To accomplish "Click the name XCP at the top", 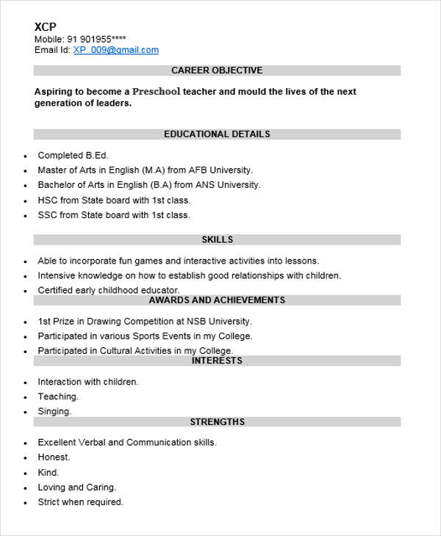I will (45, 26).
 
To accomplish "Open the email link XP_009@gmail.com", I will (116, 50).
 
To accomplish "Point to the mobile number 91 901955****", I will (97, 39).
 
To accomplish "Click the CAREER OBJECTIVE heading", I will (217, 70).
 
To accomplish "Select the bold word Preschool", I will (157, 92).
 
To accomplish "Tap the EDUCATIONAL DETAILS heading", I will (217, 134).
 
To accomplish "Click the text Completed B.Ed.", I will (73, 155).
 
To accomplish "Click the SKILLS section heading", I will (217, 239).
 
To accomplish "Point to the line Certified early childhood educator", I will (108, 290).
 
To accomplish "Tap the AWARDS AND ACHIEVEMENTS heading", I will (217, 300).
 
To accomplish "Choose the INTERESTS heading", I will (217, 361).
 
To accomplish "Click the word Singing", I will (54, 412).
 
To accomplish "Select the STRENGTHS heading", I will (217, 422).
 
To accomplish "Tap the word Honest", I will (54, 457).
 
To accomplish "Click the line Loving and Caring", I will (76, 487).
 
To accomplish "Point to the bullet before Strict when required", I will (25, 504).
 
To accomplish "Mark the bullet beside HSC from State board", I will (25, 201).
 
